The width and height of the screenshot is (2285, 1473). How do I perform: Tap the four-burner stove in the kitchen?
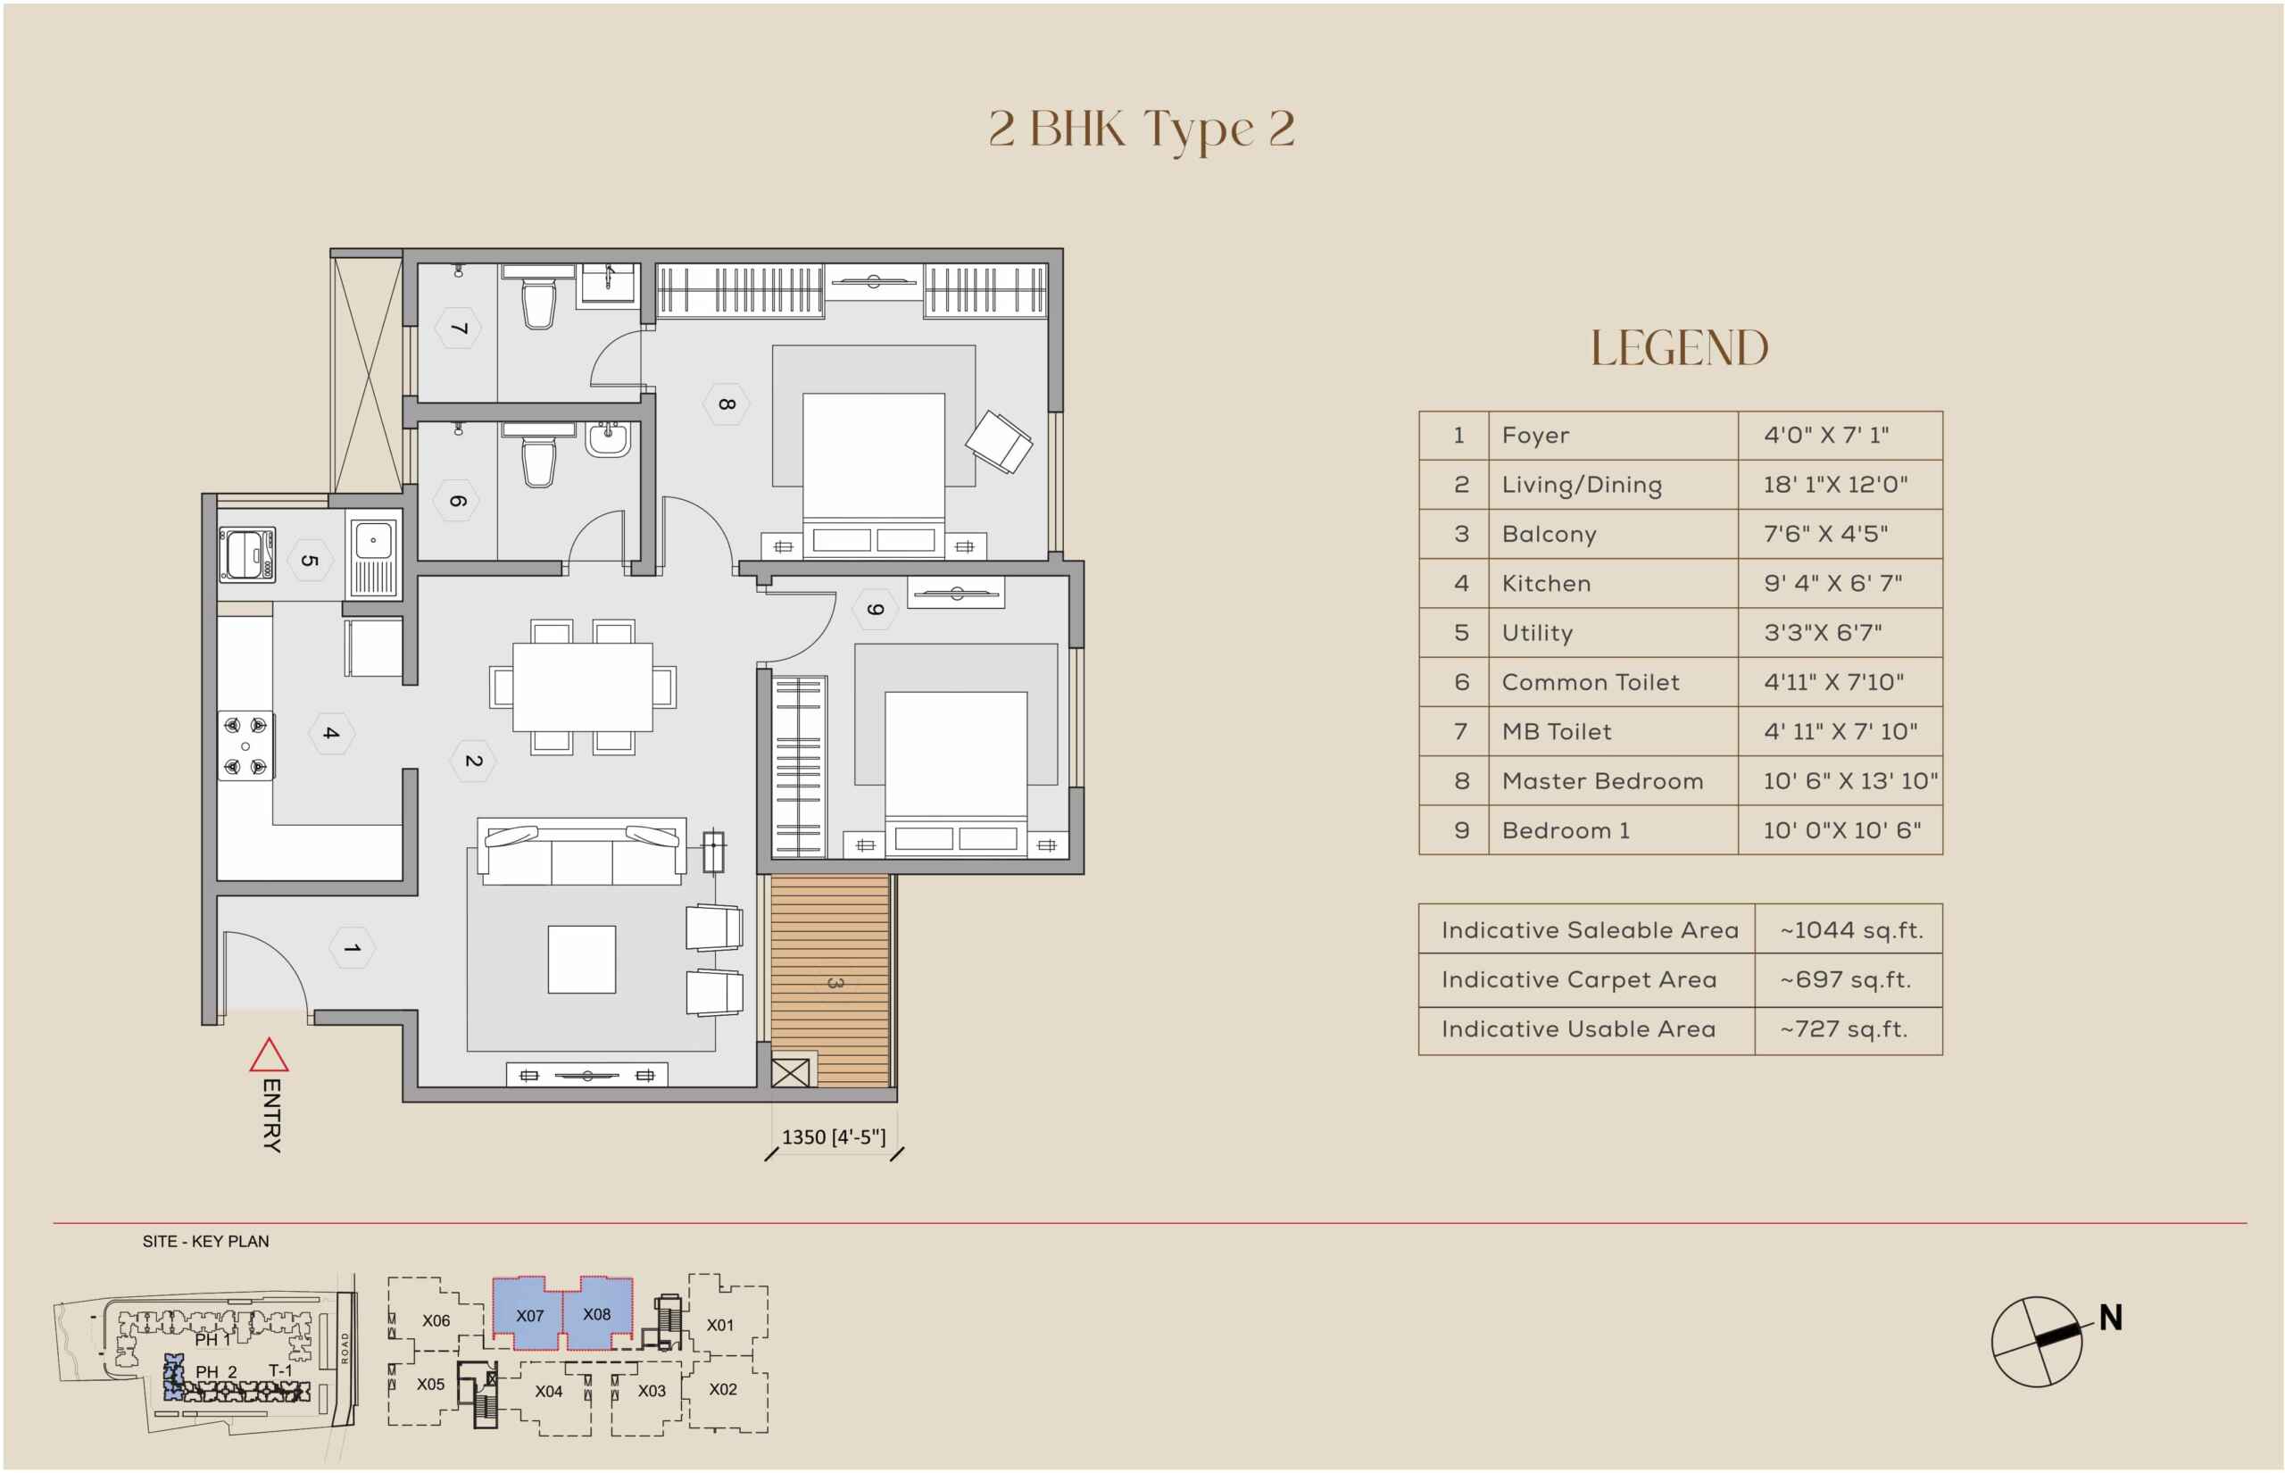[x=245, y=746]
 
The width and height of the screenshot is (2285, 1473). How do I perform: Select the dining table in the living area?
[x=582, y=687]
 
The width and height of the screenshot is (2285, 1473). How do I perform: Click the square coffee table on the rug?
[x=581, y=959]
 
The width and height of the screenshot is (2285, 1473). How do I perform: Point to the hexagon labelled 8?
[x=727, y=404]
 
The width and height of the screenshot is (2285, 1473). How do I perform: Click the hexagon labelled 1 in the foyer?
[x=352, y=948]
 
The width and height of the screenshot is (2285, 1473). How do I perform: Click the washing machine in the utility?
[x=247, y=554]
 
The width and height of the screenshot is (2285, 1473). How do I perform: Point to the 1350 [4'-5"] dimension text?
[x=834, y=1137]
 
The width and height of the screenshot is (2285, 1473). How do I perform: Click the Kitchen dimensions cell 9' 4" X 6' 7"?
[x=1832, y=584]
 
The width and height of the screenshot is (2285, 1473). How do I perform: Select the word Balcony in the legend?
[x=1549, y=535]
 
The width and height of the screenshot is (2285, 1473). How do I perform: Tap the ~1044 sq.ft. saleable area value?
[x=1851, y=929]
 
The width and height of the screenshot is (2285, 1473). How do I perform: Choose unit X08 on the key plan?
[x=596, y=1314]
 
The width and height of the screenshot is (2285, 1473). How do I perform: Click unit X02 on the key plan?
[x=723, y=1389]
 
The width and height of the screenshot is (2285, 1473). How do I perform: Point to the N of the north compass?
[x=2110, y=1318]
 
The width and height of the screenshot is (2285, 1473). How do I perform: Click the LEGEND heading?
[x=1680, y=347]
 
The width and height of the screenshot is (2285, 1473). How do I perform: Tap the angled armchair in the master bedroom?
[x=999, y=442]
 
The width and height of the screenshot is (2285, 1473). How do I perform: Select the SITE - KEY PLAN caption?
[x=205, y=1242]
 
